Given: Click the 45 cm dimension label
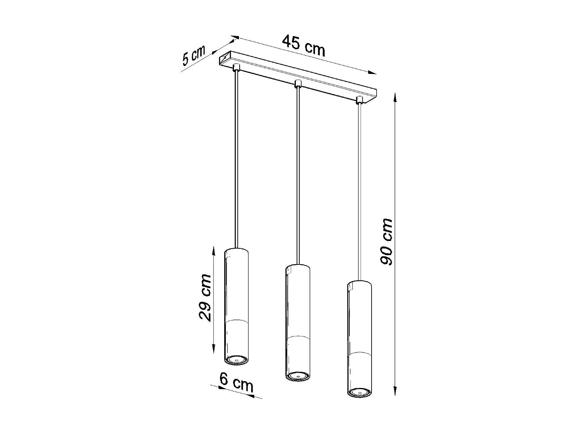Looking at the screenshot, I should point(304,45).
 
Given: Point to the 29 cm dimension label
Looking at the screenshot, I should point(205,297).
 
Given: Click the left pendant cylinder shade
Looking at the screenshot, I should point(236,304).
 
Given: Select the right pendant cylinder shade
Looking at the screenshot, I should point(359,337).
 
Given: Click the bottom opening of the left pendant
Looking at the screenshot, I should point(236,360).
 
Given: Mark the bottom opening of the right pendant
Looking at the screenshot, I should point(359,392).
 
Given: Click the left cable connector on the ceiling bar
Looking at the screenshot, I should point(237,68).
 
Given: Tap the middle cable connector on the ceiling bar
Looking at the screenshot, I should point(297,84).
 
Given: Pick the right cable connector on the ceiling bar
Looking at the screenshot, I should point(360,100).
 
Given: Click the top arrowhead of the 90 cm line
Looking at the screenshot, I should point(395,95).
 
